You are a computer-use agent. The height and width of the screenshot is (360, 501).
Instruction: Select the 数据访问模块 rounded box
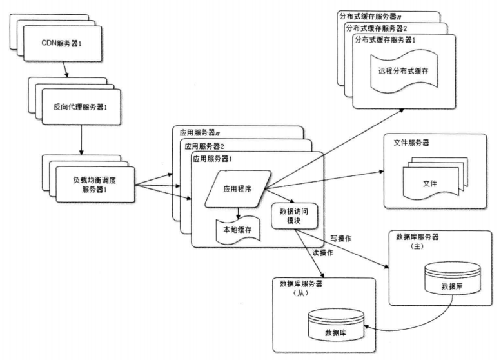pyautogui.click(x=288, y=215)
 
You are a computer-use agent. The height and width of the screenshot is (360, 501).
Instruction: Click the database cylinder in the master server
pyautogui.click(x=452, y=279)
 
